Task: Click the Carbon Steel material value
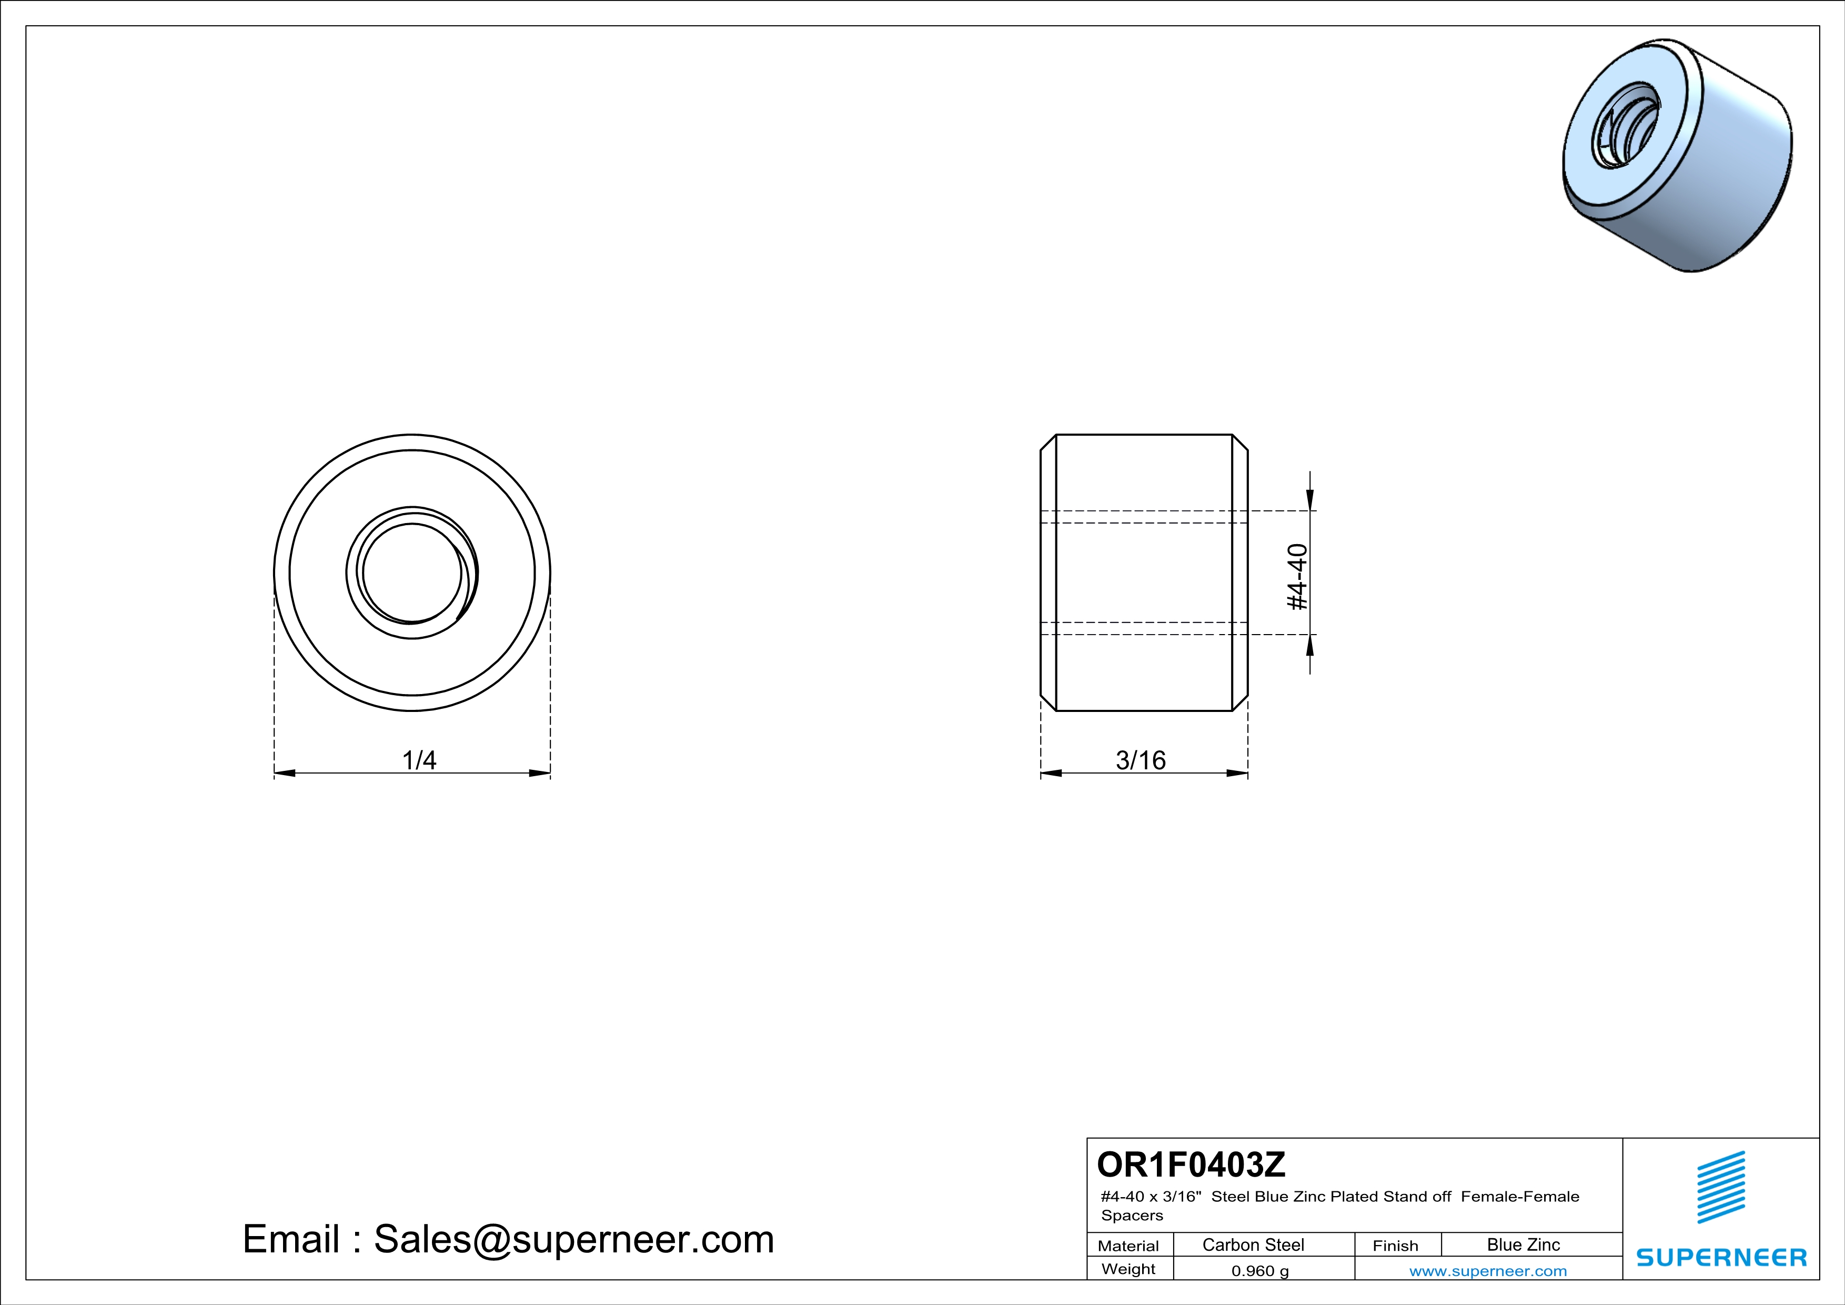click(x=1253, y=1244)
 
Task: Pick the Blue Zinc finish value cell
click(x=1523, y=1244)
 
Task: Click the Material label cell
click(x=1128, y=1246)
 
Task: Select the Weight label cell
click(x=1128, y=1269)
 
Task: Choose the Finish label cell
click(x=1395, y=1246)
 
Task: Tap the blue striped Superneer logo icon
click(x=1720, y=1187)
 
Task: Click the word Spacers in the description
click(x=1132, y=1216)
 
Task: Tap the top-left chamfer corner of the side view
click(x=1048, y=443)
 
